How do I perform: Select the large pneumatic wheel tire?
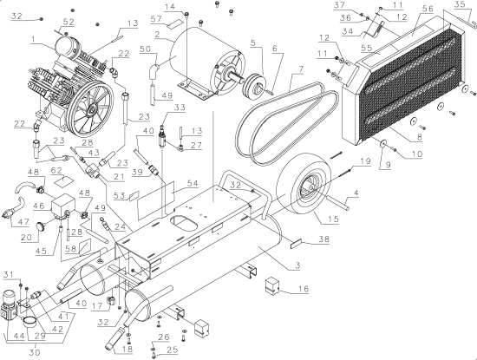(x=309, y=190)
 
